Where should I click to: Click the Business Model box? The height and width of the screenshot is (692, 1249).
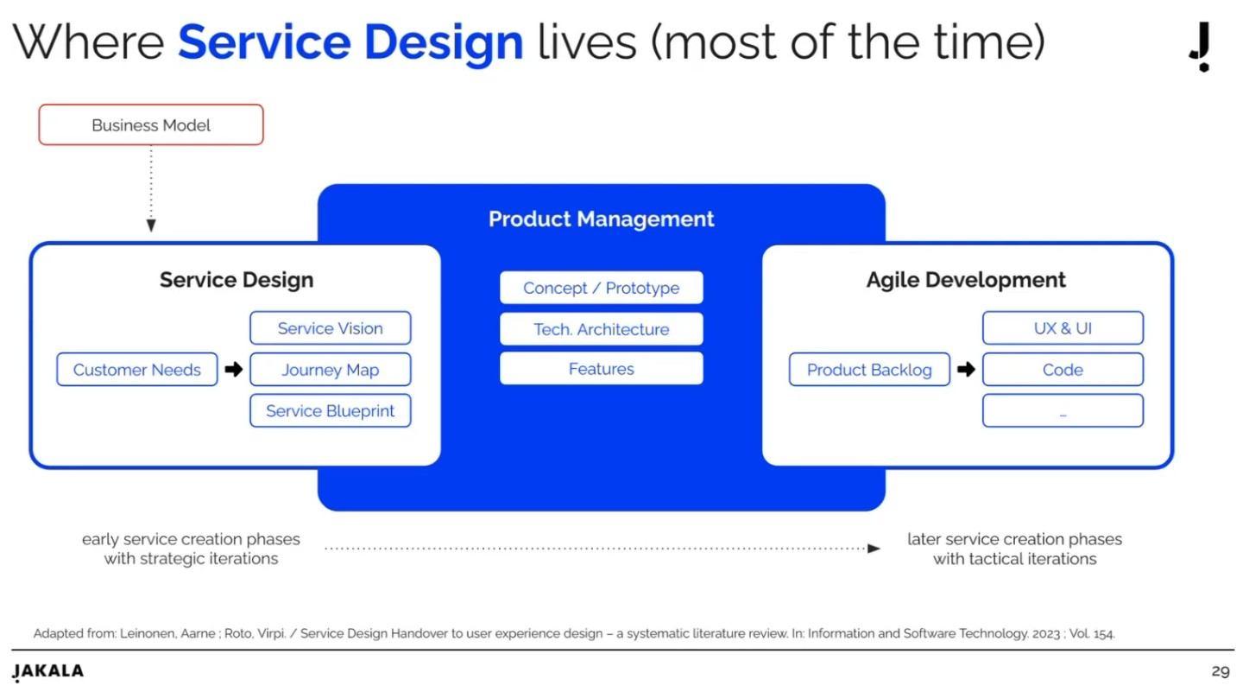151,125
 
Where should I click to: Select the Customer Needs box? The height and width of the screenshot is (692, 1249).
136,370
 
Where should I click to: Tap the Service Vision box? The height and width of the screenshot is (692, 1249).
330,328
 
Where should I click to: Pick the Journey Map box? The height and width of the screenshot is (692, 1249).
330,370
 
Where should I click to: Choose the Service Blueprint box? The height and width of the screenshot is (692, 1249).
330,411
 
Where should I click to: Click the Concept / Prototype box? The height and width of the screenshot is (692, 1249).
601,288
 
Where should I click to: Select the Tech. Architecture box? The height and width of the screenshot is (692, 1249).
601,329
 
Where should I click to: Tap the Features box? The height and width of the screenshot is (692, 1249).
601,369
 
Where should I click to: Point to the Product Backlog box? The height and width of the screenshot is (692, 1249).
869,370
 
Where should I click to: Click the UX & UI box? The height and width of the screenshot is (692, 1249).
1063,328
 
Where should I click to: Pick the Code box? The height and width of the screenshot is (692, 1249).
1063,370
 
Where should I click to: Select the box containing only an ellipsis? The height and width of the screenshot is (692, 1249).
1063,411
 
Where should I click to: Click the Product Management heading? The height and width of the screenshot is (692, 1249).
601,219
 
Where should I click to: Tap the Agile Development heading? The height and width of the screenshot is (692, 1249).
966,280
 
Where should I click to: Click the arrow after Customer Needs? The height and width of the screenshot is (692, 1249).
233,370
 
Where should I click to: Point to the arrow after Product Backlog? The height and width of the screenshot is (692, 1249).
966,370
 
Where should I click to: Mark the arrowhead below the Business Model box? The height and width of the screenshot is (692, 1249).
151,225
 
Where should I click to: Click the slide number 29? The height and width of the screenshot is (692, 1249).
1220,671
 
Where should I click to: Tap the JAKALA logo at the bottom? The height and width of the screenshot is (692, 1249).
48,672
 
